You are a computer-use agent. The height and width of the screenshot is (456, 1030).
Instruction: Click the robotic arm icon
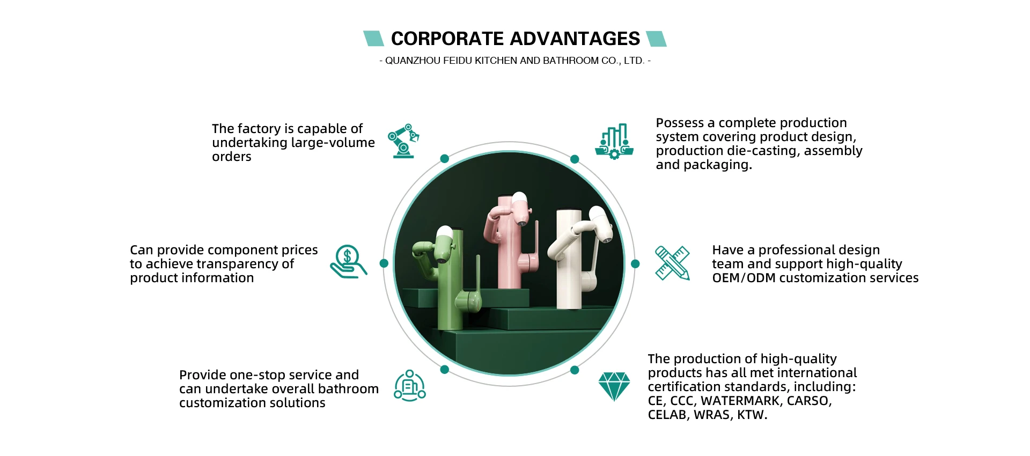tap(403, 141)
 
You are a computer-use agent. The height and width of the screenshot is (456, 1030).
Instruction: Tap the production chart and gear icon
tap(614, 142)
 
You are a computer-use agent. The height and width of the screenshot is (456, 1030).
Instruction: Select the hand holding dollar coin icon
tap(348, 262)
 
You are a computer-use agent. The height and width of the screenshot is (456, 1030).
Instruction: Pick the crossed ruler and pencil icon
tap(672, 263)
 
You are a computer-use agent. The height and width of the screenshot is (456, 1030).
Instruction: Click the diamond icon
tap(614, 386)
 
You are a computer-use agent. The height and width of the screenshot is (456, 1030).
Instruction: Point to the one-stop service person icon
tap(410, 386)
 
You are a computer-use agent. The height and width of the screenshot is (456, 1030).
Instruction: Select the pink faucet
tap(510, 241)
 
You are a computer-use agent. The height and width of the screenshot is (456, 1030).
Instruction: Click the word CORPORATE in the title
tap(447, 39)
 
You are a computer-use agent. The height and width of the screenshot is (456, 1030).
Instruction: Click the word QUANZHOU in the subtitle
tap(413, 61)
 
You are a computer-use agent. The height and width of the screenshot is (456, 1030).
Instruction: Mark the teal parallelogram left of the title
tap(373, 39)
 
